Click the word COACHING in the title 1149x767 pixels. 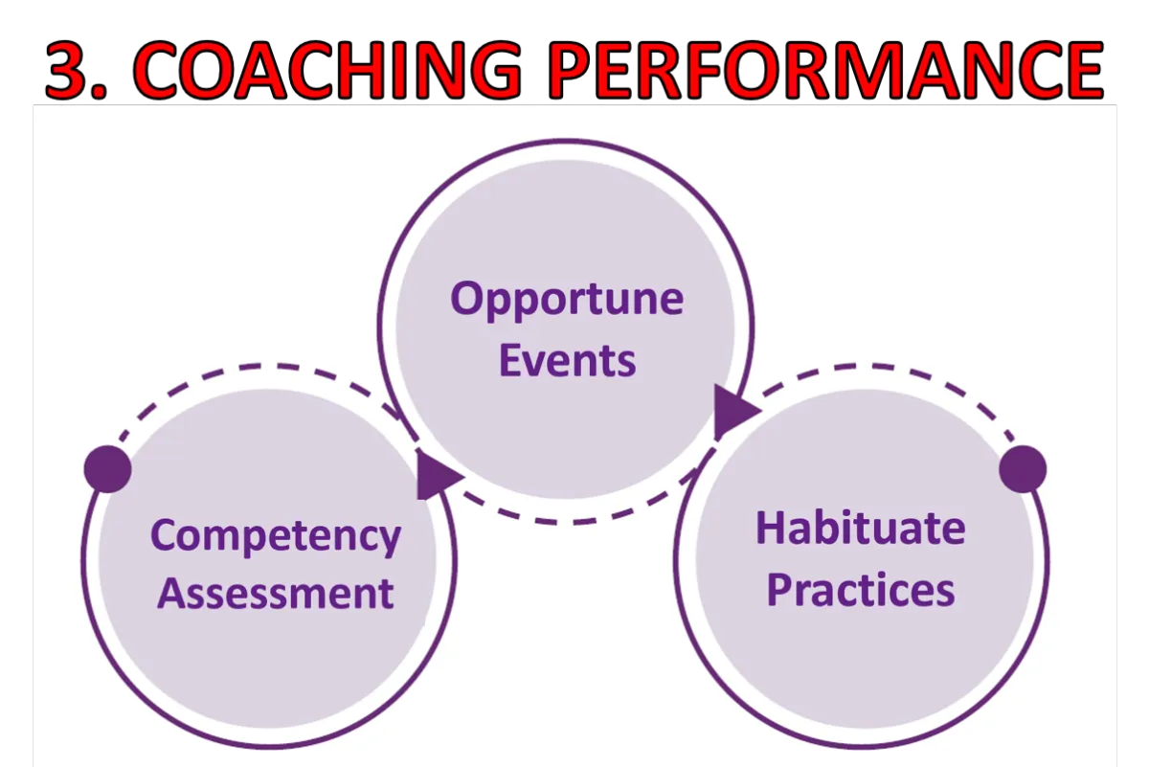[327, 70]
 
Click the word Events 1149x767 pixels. [567, 361]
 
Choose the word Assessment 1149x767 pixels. [276, 593]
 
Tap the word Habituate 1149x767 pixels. [860, 528]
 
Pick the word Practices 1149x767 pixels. [861, 590]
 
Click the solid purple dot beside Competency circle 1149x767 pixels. [107, 469]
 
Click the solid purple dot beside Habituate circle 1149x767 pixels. [1023, 469]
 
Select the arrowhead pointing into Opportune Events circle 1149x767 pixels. [437, 474]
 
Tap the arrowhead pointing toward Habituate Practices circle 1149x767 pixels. [734, 412]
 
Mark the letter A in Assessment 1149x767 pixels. [173, 593]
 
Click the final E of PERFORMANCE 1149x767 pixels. [1081, 70]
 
